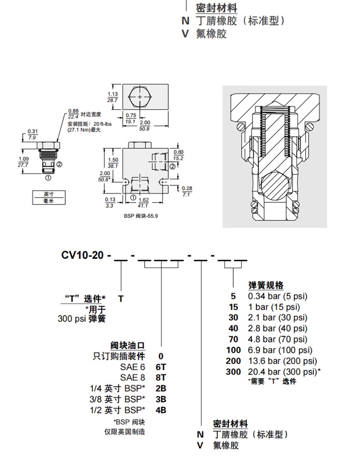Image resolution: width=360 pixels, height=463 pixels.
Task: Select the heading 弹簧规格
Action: click(266, 285)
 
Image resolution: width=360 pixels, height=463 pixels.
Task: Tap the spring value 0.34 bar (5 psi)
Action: click(278, 296)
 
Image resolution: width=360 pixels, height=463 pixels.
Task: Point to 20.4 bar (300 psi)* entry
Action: click(284, 372)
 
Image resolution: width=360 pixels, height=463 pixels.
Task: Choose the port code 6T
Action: click(161, 366)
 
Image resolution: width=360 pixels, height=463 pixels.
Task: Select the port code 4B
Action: click(161, 410)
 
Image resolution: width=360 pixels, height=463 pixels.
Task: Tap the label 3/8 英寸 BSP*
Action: click(118, 399)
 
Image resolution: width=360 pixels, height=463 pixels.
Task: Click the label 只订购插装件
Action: click(119, 355)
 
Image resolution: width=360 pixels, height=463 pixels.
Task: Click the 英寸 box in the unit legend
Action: click(48, 194)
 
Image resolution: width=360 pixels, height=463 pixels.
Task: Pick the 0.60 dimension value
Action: click(178, 152)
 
